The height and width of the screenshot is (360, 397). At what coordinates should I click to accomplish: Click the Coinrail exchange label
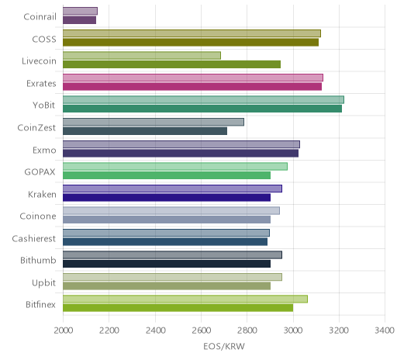(40, 17)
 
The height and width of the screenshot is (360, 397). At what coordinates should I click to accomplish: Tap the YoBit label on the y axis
(44, 106)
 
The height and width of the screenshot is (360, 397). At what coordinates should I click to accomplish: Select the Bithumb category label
(38, 260)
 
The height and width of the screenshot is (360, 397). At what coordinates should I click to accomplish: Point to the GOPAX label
(40, 172)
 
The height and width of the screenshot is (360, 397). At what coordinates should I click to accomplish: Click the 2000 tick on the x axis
(64, 331)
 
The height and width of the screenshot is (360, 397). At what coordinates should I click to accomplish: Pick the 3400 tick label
(385, 331)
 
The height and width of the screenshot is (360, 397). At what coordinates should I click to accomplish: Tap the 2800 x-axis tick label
(247, 331)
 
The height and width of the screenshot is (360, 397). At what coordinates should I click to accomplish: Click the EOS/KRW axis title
(224, 346)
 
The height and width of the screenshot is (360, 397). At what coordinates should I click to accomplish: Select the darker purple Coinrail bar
(80, 20)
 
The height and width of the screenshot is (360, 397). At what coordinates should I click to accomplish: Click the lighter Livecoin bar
(142, 55)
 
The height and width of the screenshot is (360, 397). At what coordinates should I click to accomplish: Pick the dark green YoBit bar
(202, 109)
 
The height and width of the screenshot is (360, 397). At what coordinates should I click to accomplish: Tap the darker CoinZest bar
(145, 131)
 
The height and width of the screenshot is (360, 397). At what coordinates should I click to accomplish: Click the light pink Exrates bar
(193, 78)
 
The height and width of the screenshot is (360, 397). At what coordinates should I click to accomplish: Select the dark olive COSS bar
(191, 42)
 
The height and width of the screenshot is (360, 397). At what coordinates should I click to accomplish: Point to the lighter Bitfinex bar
(185, 299)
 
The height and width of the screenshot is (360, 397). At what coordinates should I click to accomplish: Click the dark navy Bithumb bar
(167, 264)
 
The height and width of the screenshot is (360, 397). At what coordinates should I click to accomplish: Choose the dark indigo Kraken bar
(167, 197)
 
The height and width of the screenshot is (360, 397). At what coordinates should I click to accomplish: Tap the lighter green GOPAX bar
(175, 166)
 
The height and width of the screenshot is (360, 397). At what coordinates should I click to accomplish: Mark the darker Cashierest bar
(165, 241)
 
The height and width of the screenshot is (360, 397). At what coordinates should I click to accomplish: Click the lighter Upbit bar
(172, 277)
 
